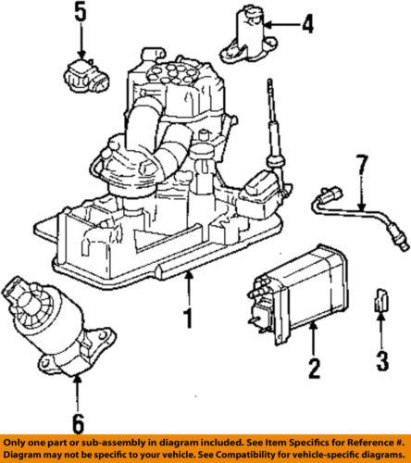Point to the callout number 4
tap(306, 20)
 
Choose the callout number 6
tap(77, 424)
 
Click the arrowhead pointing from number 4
tap(274, 20)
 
